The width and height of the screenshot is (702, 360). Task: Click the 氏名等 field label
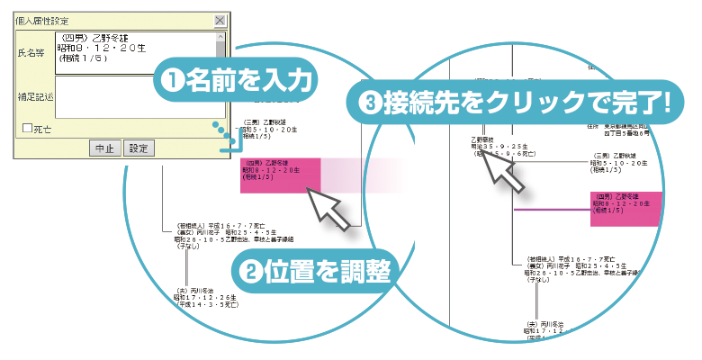(31, 54)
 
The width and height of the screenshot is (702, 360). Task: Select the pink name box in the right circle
(626, 209)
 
